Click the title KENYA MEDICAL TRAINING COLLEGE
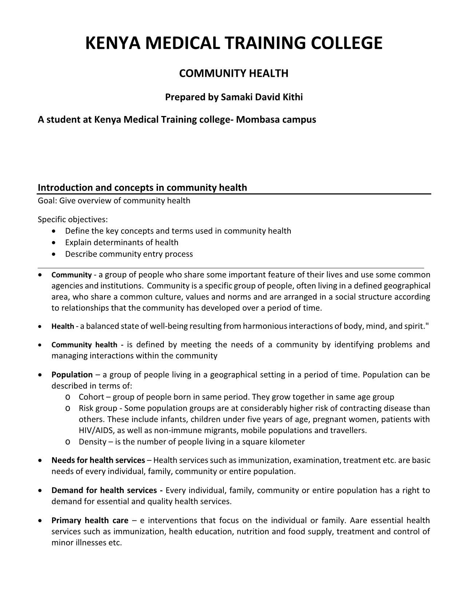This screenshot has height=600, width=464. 234,43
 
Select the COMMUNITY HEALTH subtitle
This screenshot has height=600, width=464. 234,73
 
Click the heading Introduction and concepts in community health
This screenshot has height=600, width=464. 142,188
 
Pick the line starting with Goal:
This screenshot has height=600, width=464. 114,201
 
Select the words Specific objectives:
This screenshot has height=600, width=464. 73,220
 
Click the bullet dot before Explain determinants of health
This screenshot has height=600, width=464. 54,243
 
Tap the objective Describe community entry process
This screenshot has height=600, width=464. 129,254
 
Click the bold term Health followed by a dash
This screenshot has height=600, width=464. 63,327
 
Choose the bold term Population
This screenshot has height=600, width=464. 72,375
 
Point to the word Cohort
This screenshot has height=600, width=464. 91,397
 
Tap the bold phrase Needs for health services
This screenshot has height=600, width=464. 98,460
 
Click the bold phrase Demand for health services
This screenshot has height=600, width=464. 105,490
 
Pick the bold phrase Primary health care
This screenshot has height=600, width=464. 90,520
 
